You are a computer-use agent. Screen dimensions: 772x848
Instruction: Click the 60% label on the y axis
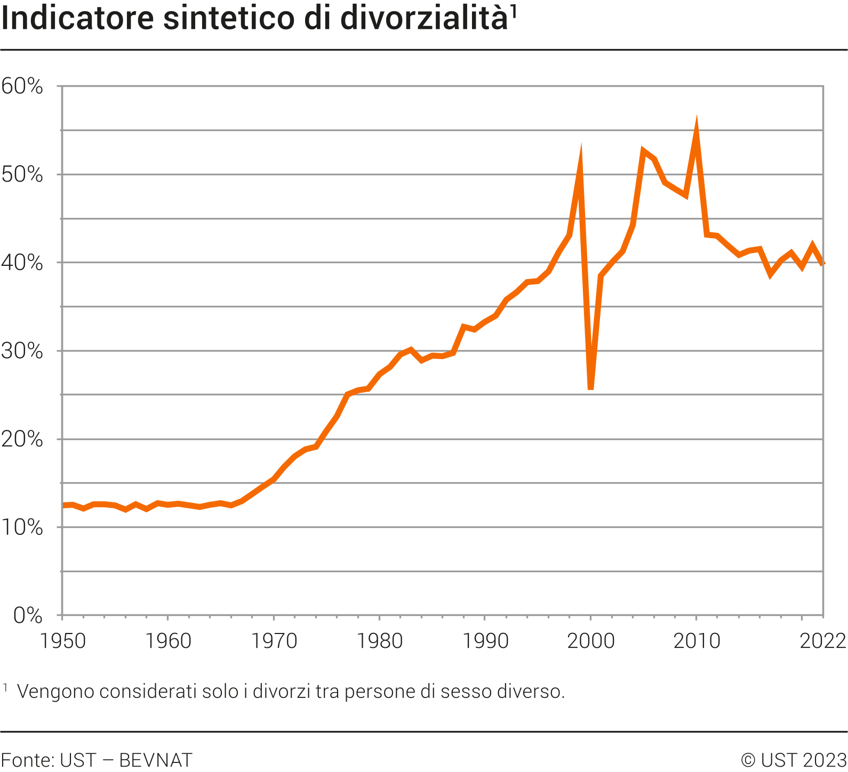tap(22, 86)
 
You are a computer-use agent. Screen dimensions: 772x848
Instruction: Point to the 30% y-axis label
tap(22, 351)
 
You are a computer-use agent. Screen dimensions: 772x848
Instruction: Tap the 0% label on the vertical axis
tap(28, 615)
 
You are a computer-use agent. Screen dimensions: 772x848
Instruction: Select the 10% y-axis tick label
tap(22, 527)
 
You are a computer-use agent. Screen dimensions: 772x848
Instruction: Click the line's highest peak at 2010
tap(696, 126)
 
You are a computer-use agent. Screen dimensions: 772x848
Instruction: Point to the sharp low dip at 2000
tap(590, 388)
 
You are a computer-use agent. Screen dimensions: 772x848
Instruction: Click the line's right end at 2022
tap(823, 263)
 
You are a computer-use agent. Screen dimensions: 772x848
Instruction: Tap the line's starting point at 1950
tap(63, 505)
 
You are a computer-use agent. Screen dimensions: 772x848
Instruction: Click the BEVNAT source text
tap(155, 760)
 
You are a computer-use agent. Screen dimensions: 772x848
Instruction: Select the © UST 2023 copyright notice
tap(794, 760)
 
